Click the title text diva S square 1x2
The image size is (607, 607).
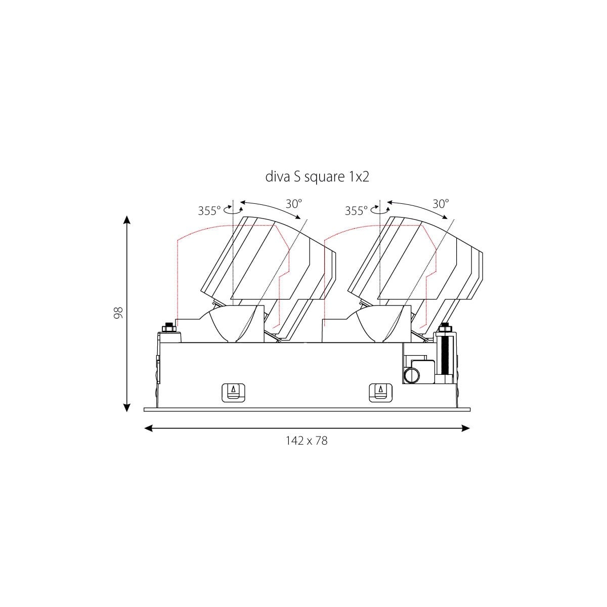click(x=317, y=177)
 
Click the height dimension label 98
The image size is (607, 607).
click(x=118, y=312)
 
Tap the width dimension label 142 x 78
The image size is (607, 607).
click(x=307, y=441)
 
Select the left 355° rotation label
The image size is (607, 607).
click(x=209, y=210)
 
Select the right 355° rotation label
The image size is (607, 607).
click(x=356, y=210)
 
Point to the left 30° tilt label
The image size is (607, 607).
click(x=293, y=204)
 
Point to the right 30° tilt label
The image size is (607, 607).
click(x=441, y=204)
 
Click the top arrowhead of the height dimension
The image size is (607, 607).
click(x=126, y=220)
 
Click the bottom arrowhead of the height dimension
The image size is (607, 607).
click(x=126, y=407)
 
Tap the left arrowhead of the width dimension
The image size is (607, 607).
click(x=148, y=428)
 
